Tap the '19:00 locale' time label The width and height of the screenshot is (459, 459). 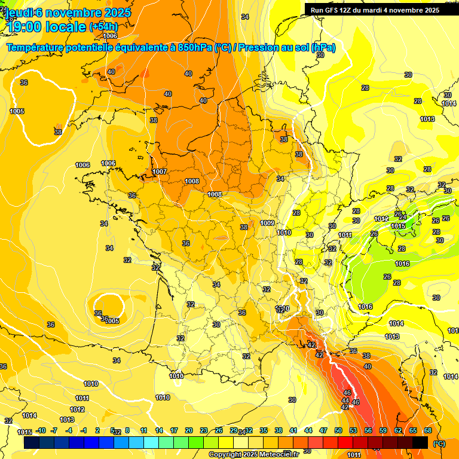[x=46, y=27]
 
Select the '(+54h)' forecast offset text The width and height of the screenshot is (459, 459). [x=103, y=27]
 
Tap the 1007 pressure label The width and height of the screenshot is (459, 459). [x=160, y=172]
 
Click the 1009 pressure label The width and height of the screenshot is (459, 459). [x=268, y=223]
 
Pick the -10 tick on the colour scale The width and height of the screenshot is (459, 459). [x=41, y=431]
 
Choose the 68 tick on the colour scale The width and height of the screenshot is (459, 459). [x=428, y=431]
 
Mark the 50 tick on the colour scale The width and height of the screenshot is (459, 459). [x=338, y=431]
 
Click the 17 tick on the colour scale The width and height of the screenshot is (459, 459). [x=174, y=431]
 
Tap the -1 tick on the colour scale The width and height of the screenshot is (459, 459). [x=84, y=431]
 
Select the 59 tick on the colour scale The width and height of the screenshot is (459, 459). [x=383, y=431]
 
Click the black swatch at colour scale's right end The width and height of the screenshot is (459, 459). [x=420, y=442]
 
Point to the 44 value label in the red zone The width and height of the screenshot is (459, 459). [x=346, y=400]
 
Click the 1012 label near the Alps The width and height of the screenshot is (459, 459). [x=381, y=219]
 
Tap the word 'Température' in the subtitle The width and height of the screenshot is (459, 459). [x=36, y=48]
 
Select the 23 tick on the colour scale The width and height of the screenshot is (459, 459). [x=204, y=431]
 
